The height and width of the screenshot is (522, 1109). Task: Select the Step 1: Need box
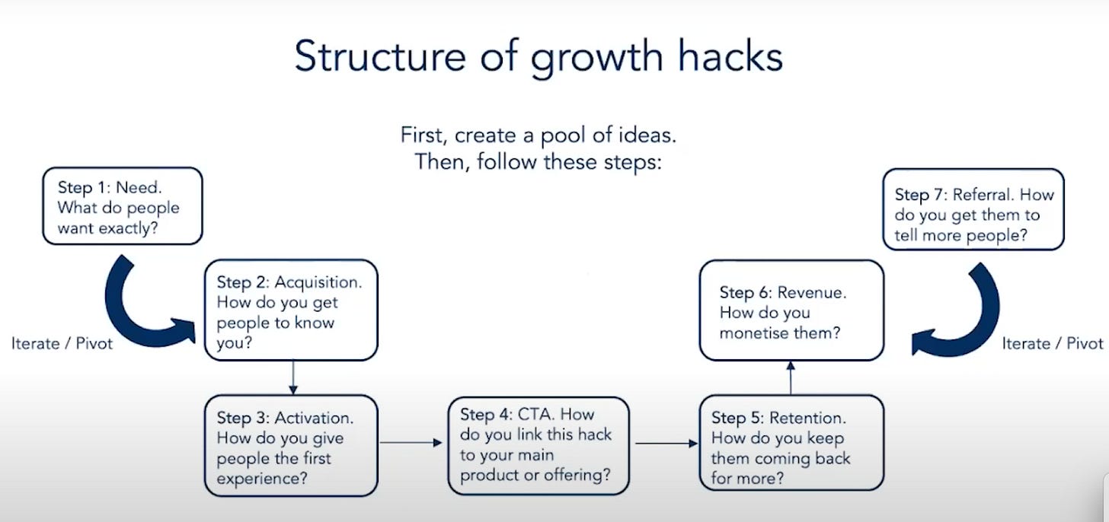pos(122,206)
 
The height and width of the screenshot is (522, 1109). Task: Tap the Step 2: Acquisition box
pos(291,310)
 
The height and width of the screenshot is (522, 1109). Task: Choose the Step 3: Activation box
pos(291,445)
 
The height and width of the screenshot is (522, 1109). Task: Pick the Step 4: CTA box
pos(539,445)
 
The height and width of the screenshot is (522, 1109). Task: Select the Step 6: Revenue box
pos(791,310)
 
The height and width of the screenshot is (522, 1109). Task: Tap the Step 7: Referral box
pos(973,208)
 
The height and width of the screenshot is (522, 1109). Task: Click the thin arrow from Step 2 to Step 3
pos(293,377)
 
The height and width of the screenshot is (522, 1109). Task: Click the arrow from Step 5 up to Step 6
pos(791,377)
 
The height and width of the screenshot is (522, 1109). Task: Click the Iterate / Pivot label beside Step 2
pos(62,343)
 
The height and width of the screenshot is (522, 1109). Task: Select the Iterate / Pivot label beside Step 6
pos(1053,343)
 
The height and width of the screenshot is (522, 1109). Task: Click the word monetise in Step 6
pos(762,333)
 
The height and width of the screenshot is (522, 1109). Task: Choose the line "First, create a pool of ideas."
pos(539,136)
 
